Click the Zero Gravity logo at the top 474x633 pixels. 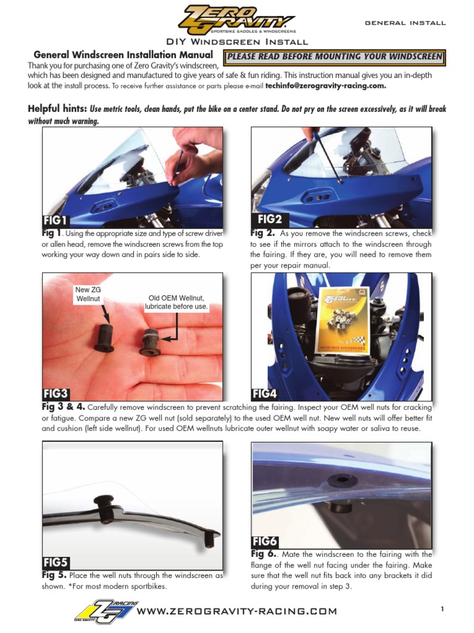click(236, 20)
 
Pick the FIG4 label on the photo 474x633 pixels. click(265, 393)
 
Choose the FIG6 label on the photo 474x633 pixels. click(265, 542)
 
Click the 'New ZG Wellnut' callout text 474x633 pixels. click(88, 294)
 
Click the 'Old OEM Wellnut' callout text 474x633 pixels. click(177, 302)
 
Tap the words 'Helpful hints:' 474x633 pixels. click(57, 109)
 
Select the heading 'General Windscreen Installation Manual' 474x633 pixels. click(123, 55)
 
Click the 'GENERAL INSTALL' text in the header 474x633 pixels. click(405, 23)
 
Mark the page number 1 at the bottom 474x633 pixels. click(443, 610)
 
